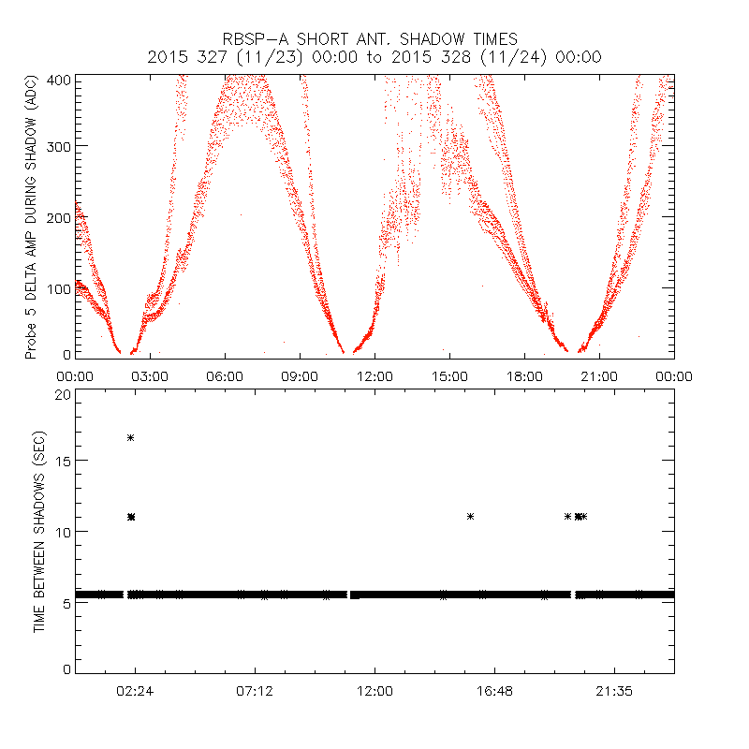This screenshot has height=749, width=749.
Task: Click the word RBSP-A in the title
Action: pyautogui.click(x=253, y=39)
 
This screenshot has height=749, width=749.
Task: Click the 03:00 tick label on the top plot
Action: pyautogui.click(x=150, y=376)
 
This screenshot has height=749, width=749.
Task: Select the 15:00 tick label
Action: pyautogui.click(x=449, y=376)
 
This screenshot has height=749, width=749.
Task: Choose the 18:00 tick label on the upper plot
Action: pyautogui.click(x=524, y=376)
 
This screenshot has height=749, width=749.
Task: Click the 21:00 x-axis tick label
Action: pyautogui.click(x=599, y=376)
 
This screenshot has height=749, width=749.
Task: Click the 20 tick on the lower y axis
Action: pyautogui.click(x=63, y=394)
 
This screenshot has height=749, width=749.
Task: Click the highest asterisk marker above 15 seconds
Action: pyautogui.click(x=131, y=437)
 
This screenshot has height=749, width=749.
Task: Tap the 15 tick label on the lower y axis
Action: pyautogui.click(x=63, y=462)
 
